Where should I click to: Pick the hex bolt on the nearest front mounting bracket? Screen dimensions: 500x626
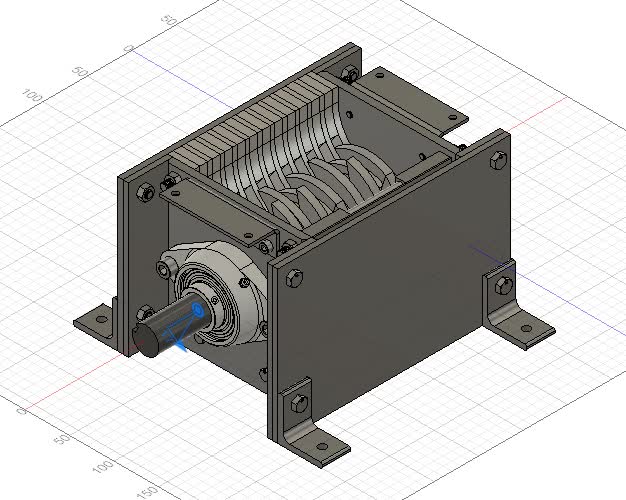point(297,405)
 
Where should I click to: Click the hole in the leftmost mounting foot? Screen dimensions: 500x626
point(99,320)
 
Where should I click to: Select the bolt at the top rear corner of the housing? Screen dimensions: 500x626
point(348,74)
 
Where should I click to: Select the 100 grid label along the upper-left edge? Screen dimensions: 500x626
point(32,95)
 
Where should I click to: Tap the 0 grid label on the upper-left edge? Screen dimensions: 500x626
point(128,47)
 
